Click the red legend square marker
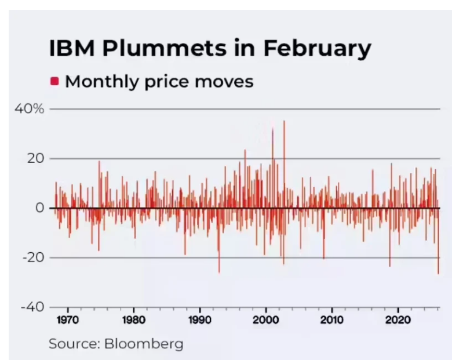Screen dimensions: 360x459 (54, 81)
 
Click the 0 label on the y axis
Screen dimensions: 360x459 (39, 208)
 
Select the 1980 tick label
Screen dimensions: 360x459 (134, 320)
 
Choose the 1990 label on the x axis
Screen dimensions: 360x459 (200, 320)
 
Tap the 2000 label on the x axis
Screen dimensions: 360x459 (266, 320)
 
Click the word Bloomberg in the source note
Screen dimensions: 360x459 (144, 344)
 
